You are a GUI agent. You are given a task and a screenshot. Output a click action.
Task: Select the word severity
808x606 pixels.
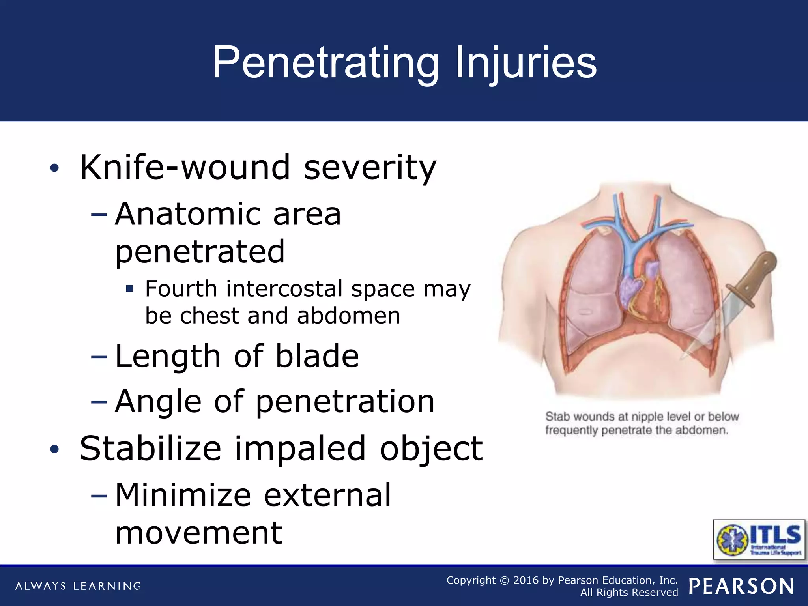pos(370,167)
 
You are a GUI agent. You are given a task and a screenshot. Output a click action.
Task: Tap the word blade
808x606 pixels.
pos(317,356)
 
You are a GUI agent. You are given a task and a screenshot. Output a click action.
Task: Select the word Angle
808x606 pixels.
pos(158,402)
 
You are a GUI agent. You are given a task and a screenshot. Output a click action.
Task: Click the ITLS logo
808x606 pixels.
pos(759,539)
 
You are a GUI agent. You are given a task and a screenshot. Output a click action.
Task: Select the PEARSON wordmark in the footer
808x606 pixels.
pos(742,586)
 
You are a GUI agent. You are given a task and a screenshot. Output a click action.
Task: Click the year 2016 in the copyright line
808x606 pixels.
pos(526,580)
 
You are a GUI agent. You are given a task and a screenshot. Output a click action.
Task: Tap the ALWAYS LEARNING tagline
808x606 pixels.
pos(78,586)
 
